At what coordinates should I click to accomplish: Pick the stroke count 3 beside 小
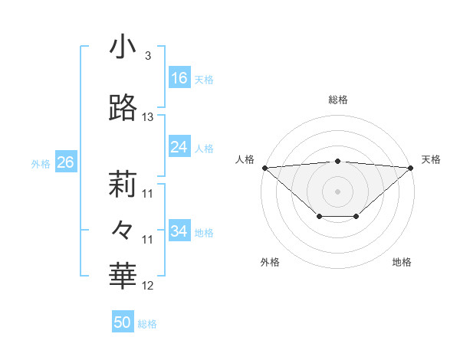(147, 56)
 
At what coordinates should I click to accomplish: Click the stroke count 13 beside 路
(148, 117)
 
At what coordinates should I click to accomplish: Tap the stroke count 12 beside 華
(148, 286)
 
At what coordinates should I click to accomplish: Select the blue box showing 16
(179, 78)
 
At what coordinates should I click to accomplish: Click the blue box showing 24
(179, 147)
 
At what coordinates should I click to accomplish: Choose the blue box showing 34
(179, 231)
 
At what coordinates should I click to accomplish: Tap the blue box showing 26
(65, 162)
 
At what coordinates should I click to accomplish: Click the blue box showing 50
(123, 322)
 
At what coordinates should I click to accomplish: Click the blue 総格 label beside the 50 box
(147, 324)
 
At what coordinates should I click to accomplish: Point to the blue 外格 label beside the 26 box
(41, 163)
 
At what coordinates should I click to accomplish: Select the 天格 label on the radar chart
(431, 159)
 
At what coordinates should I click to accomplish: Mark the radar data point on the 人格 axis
(264, 168)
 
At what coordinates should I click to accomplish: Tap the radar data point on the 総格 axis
(338, 161)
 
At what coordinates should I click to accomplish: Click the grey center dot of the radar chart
(338, 191)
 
